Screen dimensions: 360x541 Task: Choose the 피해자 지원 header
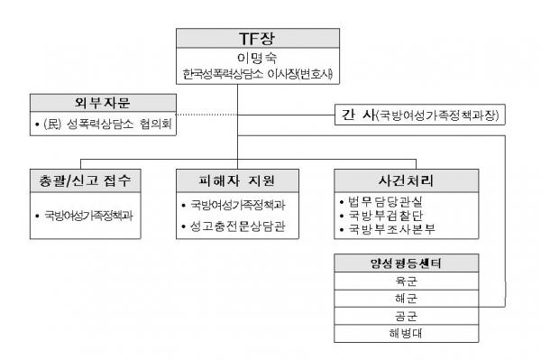[236, 179]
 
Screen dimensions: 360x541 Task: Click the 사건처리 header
[390, 179]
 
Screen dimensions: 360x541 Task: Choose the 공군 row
[390, 317]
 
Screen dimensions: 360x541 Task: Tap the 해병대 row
[390, 335]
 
